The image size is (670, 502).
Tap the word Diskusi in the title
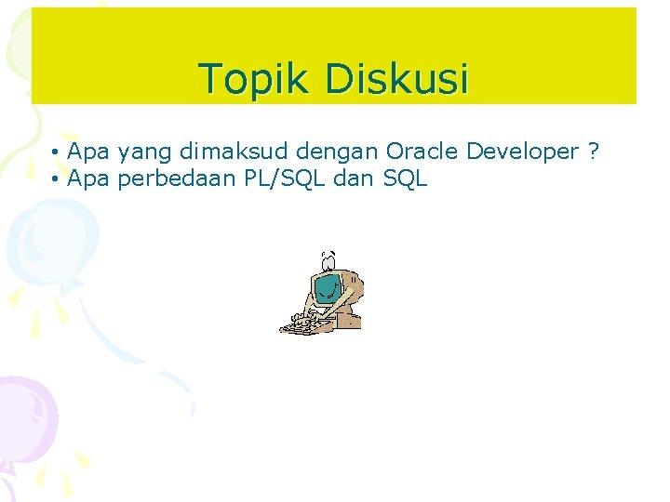[396, 79]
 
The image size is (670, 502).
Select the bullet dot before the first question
[57, 152]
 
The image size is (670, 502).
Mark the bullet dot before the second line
[57, 179]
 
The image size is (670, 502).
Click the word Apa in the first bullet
[88, 152]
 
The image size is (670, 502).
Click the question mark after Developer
[593, 152]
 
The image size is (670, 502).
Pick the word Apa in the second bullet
[88, 179]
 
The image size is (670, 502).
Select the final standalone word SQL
[405, 179]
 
